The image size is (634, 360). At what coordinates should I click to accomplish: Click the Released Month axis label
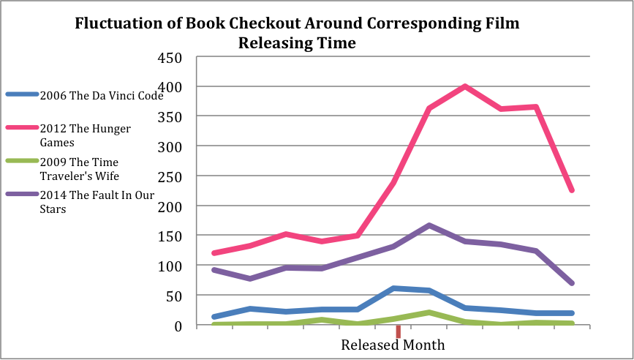pyautogui.click(x=393, y=345)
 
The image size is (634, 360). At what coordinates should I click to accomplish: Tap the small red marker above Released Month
pyautogui.click(x=398, y=331)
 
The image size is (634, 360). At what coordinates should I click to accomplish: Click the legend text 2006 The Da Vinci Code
pyautogui.click(x=101, y=95)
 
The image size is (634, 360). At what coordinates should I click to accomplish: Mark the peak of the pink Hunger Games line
pyautogui.click(x=464, y=86)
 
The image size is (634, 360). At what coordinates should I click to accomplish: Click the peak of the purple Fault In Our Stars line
pyautogui.click(x=429, y=225)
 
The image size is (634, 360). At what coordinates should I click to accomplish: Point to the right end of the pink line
pyautogui.click(x=572, y=190)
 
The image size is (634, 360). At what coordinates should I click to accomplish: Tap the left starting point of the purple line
pyautogui.click(x=214, y=270)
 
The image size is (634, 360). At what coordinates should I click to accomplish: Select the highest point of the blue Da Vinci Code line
pyautogui.click(x=393, y=288)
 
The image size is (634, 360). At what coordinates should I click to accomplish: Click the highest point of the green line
pyautogui.click(x=429, y=312)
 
